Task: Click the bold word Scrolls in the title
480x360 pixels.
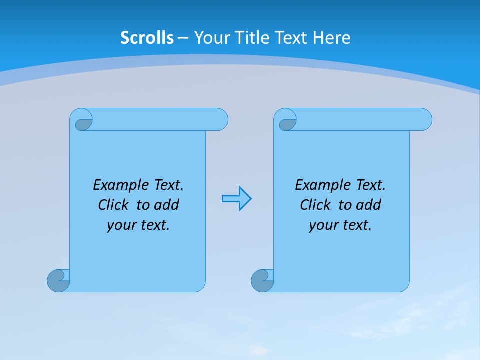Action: pyautogui.click(x=147, y=38)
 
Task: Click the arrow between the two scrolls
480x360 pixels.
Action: pyautogui.click(x=237, y=199)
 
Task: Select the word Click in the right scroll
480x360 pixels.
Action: pyautogui.click(x=315, y=205)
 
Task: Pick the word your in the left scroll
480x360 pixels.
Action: pyautogui.click(x=121, y=225)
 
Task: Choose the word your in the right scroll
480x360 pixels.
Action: pyautogui.click(x=323, y=225)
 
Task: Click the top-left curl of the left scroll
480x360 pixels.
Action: pyautogui.click(x=84, y=123)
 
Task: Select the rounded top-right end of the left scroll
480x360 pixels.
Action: pyautogui.click(x=220, y=119)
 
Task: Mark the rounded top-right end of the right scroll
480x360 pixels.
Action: pyautogui.click(x=424, y=119)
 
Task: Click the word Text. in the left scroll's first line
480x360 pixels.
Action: pyautogui.click(x=168, y=185)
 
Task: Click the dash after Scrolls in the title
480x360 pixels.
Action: pyautogui.click(x=183, y=38)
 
